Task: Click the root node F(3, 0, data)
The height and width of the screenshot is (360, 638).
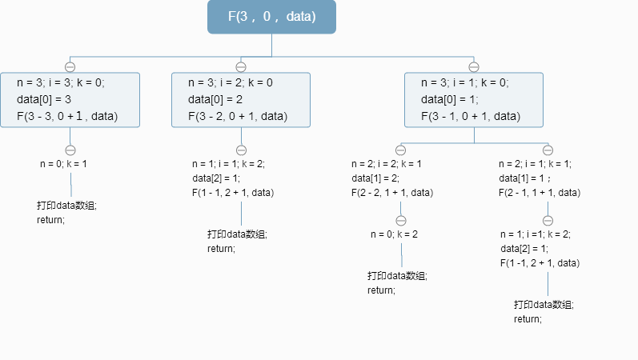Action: [x=271, y=17]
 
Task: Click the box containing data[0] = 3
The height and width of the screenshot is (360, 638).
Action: [x=70, y=100]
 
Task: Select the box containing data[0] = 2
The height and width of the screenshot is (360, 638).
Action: [x=241, y=100]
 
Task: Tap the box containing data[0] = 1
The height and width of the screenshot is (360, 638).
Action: [x=474, y=100]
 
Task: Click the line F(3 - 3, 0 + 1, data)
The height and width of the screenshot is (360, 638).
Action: [x=67, y=117]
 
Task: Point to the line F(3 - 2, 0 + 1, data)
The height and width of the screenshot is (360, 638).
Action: [x=238, y=117]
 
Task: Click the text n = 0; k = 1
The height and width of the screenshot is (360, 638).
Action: [x=63, y=163]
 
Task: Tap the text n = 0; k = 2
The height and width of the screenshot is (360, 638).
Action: [x=394, y=234]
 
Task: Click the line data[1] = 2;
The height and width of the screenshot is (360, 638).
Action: [x=375, y=178]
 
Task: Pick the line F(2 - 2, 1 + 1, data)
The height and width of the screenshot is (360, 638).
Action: [x=392, y=193]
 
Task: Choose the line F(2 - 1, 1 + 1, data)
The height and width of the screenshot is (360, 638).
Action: [x=540, y=193]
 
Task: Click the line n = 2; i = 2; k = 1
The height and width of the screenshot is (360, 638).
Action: [x=387, y=164]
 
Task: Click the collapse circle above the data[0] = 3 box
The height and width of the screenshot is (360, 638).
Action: [x=70, y=67]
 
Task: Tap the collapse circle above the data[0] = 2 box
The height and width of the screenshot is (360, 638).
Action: [x=241, y=67]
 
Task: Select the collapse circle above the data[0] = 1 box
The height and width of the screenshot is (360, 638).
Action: [x=474, y=67]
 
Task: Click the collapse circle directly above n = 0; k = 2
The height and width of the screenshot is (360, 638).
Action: [x=401, y=220]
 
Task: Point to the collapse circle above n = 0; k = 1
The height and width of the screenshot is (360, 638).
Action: [x=70, y=150]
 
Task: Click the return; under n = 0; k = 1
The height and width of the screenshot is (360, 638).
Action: [x=50, y=220]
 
